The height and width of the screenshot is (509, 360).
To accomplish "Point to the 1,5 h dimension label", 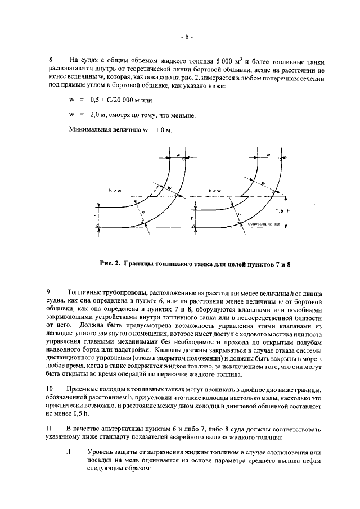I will point(282,210).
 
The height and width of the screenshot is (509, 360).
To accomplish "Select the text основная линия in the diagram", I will point(259,223).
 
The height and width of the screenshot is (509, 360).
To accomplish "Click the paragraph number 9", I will point(51,292).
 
